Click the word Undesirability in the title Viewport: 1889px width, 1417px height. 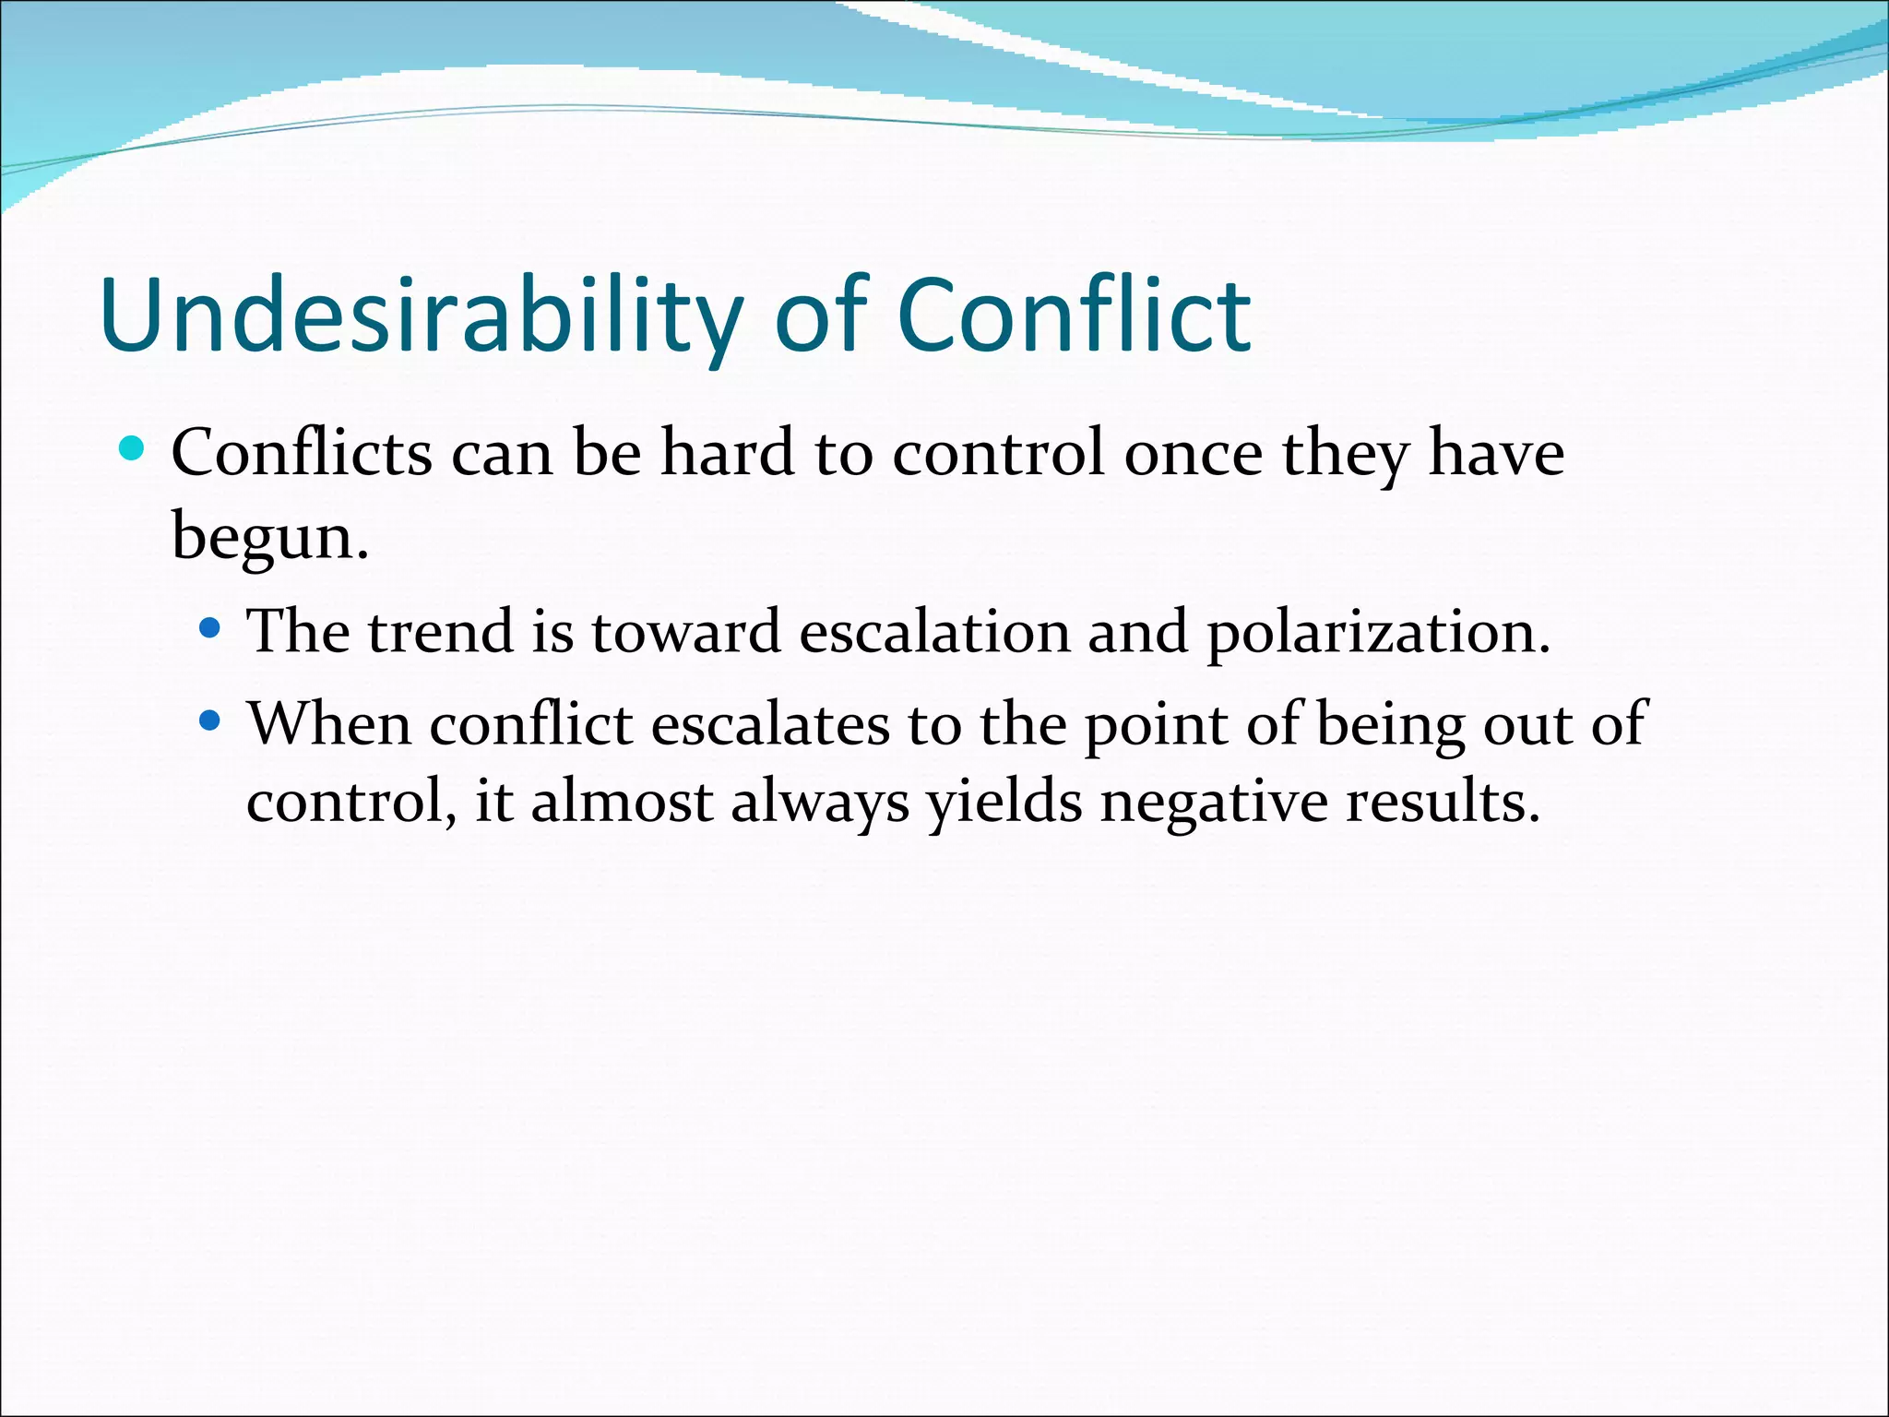pos(420,316)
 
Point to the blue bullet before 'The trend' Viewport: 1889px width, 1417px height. pos(210,629)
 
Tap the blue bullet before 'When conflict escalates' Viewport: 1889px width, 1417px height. pos(210,720)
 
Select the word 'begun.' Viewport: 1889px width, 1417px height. pos(269,536)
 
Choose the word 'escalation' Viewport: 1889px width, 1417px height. pos(934,632)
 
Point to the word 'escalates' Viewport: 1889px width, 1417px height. pos(770,724)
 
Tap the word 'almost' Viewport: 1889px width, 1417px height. pos(621,801)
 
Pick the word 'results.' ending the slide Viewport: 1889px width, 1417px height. pos(1443,801)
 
